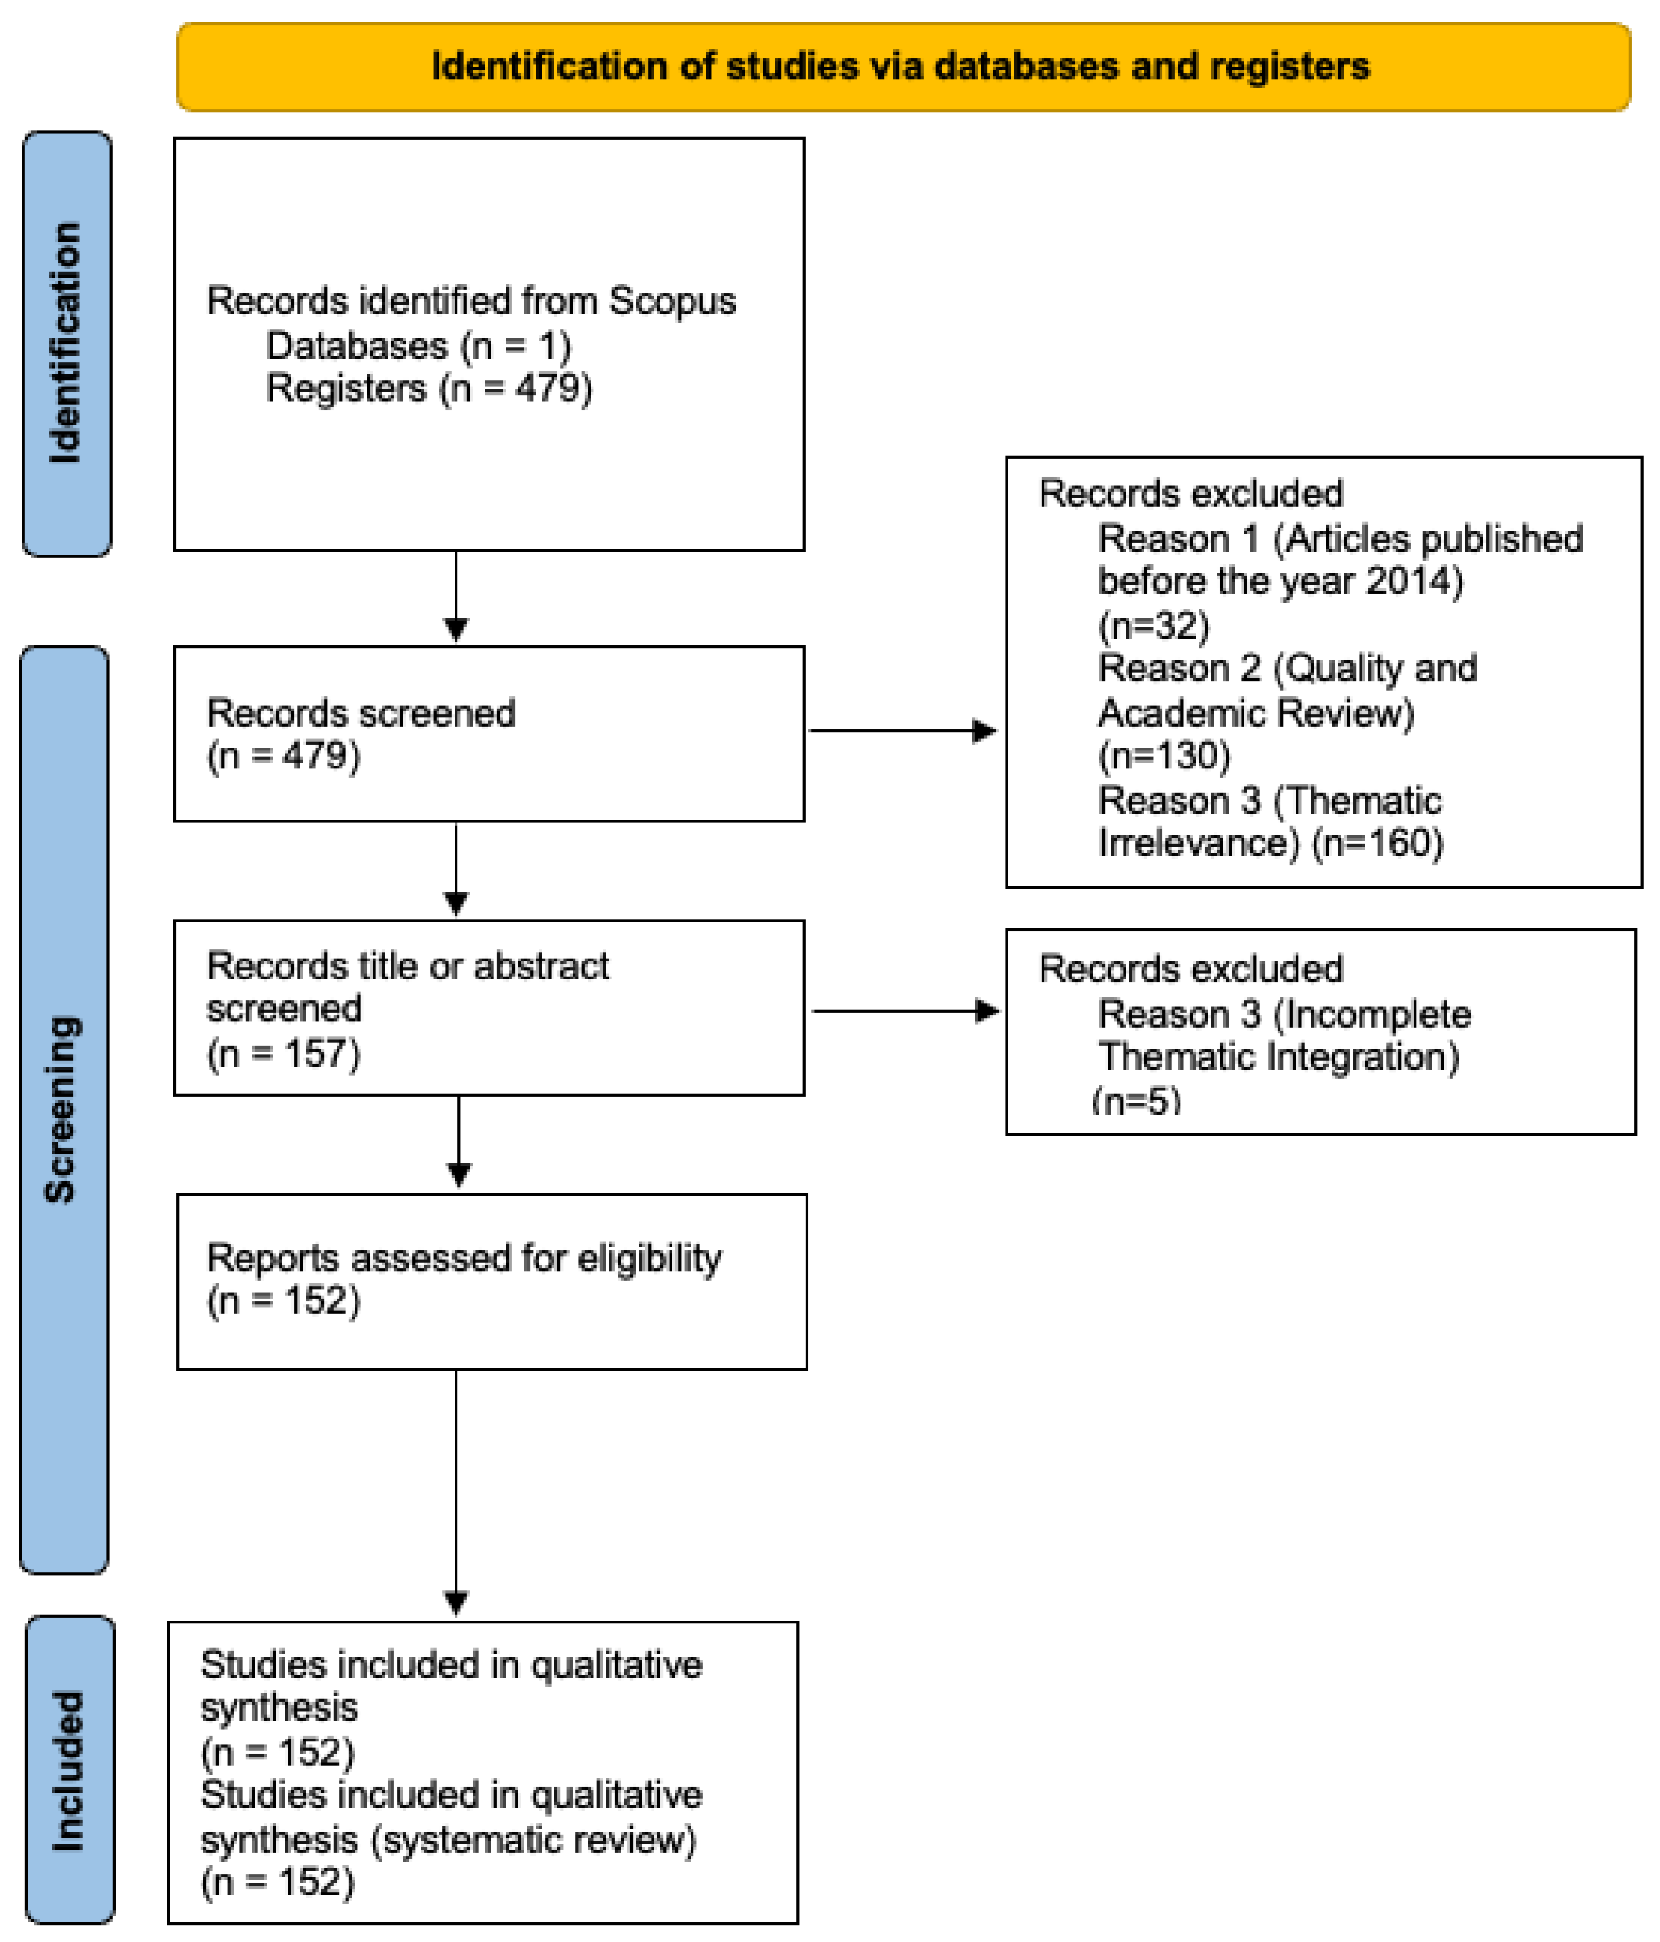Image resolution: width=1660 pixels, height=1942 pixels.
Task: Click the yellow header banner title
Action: [900, 66]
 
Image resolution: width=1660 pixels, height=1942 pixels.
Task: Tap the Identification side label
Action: [66, 343]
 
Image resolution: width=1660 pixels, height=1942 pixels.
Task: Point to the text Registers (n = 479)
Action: [428, 388]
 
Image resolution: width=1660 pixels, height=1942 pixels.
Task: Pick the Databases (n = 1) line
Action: [418, 346]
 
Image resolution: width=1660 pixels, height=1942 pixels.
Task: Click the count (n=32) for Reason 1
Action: [1153, 625]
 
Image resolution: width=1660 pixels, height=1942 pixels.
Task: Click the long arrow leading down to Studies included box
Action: [456, 1490]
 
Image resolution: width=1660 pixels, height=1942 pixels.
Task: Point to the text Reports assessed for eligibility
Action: [464, 1258]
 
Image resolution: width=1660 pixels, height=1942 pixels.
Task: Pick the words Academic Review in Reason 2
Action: [1255, 712]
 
